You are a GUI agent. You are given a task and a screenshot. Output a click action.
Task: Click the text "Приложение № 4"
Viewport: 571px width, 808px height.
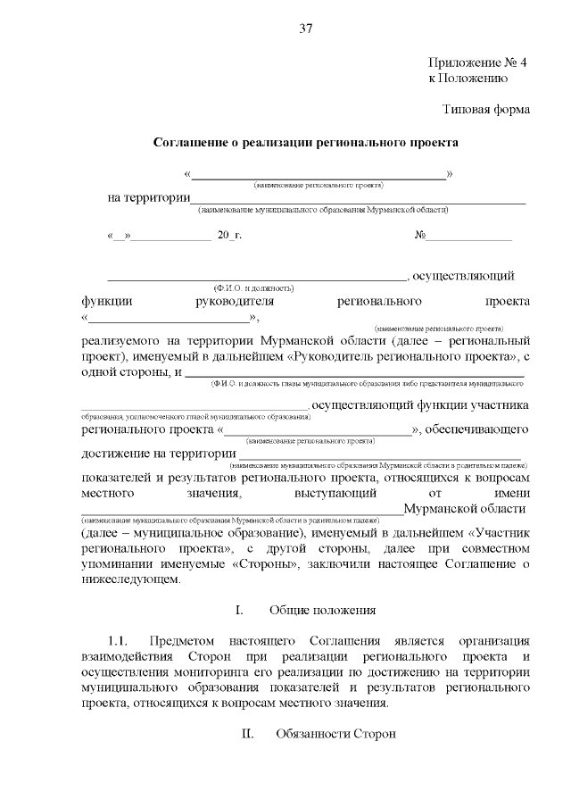[478, 62]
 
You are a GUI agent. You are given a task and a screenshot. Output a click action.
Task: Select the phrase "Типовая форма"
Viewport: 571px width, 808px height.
[487, 110]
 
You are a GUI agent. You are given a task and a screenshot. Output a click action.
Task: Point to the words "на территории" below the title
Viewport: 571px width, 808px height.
[149, 197]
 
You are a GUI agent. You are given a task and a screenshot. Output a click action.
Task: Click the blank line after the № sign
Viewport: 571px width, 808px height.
[469, 237]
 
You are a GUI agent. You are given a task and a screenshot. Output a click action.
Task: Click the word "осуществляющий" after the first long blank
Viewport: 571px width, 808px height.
[464, 276]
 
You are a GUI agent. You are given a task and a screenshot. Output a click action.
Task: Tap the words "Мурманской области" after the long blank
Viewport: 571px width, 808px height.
[464, 508]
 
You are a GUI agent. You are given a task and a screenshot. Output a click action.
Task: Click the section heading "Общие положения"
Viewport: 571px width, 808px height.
[323, 610]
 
